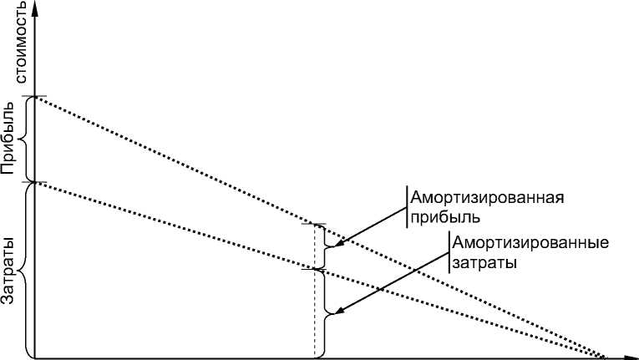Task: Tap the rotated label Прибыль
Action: (10, 138)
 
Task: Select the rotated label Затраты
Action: (10, 271)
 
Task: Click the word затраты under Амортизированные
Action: (481, 262)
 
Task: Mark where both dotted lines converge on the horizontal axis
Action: (604, 357)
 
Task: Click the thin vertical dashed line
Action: (315, 292)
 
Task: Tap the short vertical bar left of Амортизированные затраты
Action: (448, 252)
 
